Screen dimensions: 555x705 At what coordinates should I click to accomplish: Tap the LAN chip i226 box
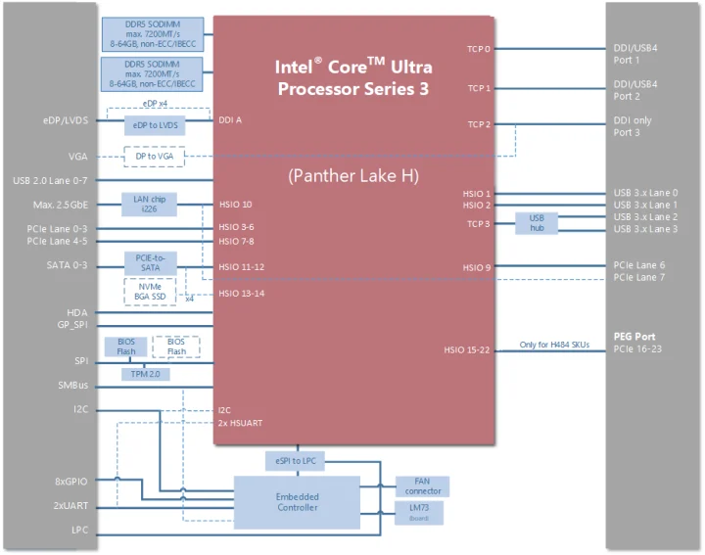[150, 205]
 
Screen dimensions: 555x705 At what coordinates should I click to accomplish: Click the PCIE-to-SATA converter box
[150, 262]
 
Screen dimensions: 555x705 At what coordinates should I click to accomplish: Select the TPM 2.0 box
[146, 374]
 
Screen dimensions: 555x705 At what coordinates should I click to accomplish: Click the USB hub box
[536, 223]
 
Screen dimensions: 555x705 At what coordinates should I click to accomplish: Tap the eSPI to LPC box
[297, 461]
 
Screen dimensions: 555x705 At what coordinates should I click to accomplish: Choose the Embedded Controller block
[297, 502]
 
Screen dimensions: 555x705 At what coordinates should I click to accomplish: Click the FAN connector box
[422, 486]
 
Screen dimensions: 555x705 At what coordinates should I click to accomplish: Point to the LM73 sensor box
[419, 513]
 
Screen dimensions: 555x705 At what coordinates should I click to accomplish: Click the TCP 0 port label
[479, 48]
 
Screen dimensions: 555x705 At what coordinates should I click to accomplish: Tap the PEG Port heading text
[635, 337]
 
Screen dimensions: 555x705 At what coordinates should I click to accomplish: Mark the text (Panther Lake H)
[352, 176]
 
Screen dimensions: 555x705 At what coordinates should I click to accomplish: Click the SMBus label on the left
[72, 385]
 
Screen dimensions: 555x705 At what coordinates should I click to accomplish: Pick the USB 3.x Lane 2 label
[644, 216]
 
